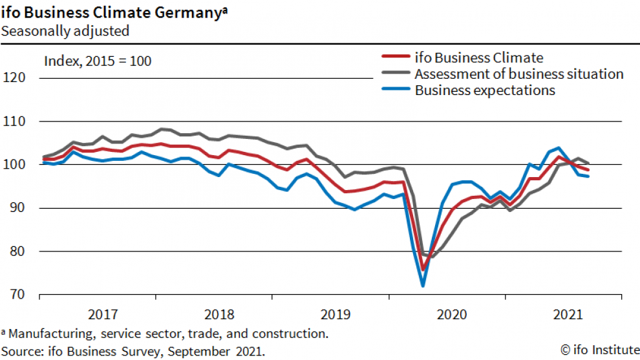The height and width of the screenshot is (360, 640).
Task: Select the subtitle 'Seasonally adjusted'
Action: [65, 30]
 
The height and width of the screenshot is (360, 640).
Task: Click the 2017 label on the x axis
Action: [103, 315]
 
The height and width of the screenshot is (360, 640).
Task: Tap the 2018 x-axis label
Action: [219, 315]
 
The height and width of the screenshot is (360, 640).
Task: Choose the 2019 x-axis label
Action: [336, 315]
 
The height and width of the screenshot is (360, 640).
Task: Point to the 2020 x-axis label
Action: [452, 315]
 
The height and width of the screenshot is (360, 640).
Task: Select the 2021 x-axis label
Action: [568, 315]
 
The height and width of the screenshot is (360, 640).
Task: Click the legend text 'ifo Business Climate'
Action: [479, 58]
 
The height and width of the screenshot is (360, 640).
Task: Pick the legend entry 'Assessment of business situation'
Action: [519, 74]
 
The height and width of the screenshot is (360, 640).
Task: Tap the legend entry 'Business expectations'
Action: [485, 90]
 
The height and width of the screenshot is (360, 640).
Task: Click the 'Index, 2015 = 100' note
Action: [98, 61]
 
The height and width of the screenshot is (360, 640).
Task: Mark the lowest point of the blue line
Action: [423, 285]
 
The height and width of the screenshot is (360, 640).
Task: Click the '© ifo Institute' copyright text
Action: [599, 350]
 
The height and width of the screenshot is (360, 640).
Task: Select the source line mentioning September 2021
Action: [133, 351]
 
